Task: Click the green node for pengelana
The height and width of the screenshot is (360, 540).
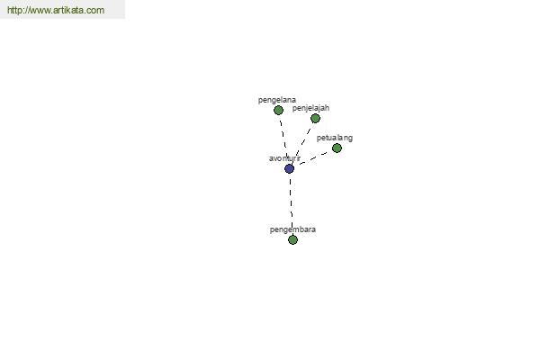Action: coord(278,110)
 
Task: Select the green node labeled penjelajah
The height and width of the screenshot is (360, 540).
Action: coord(315,119)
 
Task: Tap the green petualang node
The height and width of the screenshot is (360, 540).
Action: coord(337,148)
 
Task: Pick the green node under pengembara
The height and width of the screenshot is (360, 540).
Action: coord(292,239)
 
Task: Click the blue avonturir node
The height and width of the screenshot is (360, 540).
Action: coord(289,169)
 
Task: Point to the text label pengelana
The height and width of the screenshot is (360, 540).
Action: coord(277,100)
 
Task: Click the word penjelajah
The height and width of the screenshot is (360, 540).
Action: coord(310,108)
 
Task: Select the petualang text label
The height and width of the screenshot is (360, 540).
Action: coord(335,138)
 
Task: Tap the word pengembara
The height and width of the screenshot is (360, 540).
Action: coord(292,229)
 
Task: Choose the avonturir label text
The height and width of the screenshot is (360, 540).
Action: coord(284,158)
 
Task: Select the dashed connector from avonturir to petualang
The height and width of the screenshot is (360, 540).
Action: coord(313,158)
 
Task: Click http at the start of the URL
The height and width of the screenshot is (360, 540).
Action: coord(13,10)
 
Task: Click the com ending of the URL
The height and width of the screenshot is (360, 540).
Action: coord(95,10)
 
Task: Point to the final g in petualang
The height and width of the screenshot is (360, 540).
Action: coord(351,139)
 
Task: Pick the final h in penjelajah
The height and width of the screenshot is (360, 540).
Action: coord(328,108)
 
